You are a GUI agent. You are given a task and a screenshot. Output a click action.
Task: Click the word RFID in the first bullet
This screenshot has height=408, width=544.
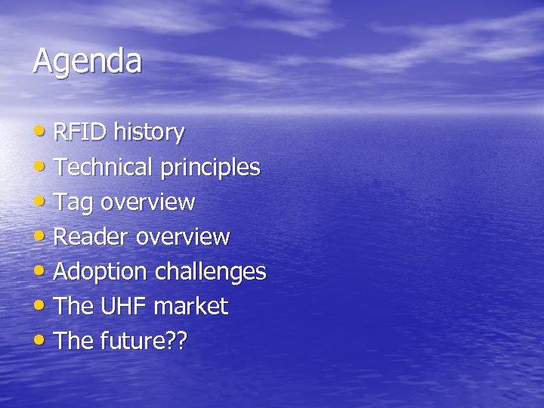pos(81,133)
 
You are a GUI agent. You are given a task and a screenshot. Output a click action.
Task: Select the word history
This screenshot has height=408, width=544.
pos(149,133)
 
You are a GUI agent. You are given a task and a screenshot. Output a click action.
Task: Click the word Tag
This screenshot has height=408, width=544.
pos(74,203)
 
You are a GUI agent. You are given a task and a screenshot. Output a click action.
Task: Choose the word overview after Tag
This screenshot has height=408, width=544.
pos(148,202)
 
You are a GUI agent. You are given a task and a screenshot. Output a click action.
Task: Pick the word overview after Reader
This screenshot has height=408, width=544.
pos(183,237)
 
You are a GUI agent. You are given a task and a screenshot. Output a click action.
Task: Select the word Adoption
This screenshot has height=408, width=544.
pos(100,272)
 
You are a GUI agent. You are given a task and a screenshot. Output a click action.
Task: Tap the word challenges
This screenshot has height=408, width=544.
pos(211,272)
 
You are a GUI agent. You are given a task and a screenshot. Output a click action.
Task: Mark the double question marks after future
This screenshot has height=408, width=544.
pos(178,342)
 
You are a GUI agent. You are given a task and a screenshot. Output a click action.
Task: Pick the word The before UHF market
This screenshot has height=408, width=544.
pos(73,307)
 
